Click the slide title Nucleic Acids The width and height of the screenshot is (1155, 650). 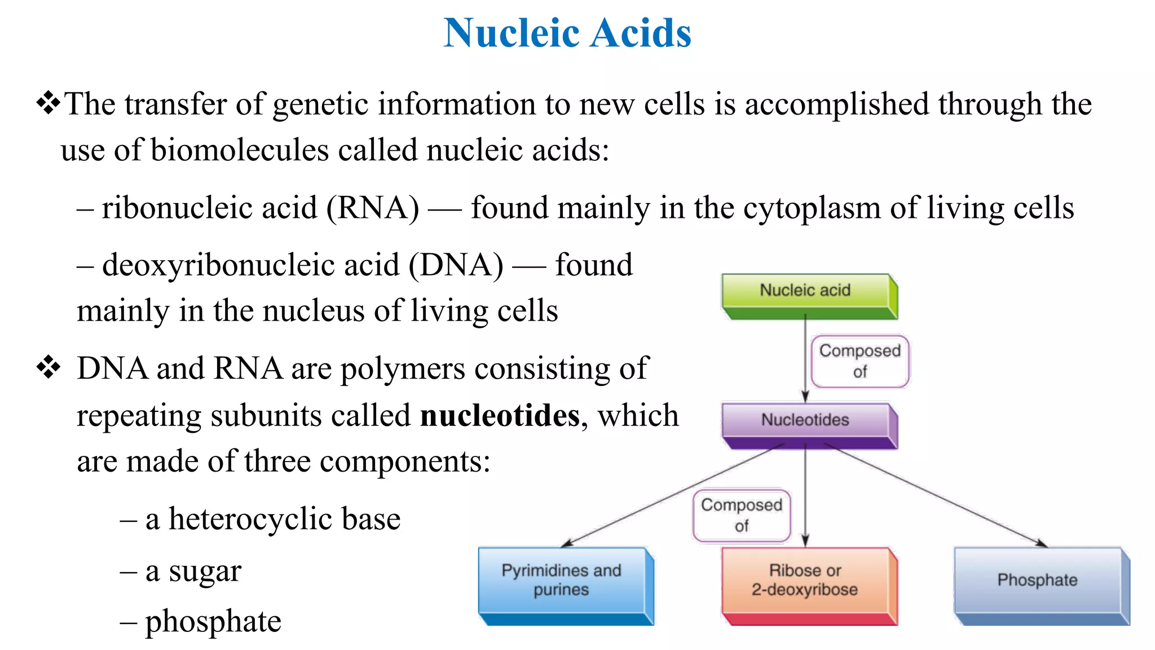click(x=567, y=33)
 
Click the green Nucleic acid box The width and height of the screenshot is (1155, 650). click(x=805, y=291)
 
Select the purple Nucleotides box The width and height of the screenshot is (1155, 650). click(x=805, y=420)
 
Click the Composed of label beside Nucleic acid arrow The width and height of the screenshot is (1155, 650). click(x=859, y=361)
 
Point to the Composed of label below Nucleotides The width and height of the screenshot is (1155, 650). click(x=742, y=515)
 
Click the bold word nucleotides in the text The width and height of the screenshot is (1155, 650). click(x=500, y=416)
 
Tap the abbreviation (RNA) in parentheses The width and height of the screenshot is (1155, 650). click(x=373, y=208)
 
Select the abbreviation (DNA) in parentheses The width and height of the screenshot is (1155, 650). click(x=456, y=265)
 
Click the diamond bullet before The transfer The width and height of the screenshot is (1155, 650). click(x=49, y=103)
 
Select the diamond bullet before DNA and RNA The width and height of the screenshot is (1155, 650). click(x=49, y=367)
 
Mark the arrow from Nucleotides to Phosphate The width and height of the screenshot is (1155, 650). click(x=936, y=495)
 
